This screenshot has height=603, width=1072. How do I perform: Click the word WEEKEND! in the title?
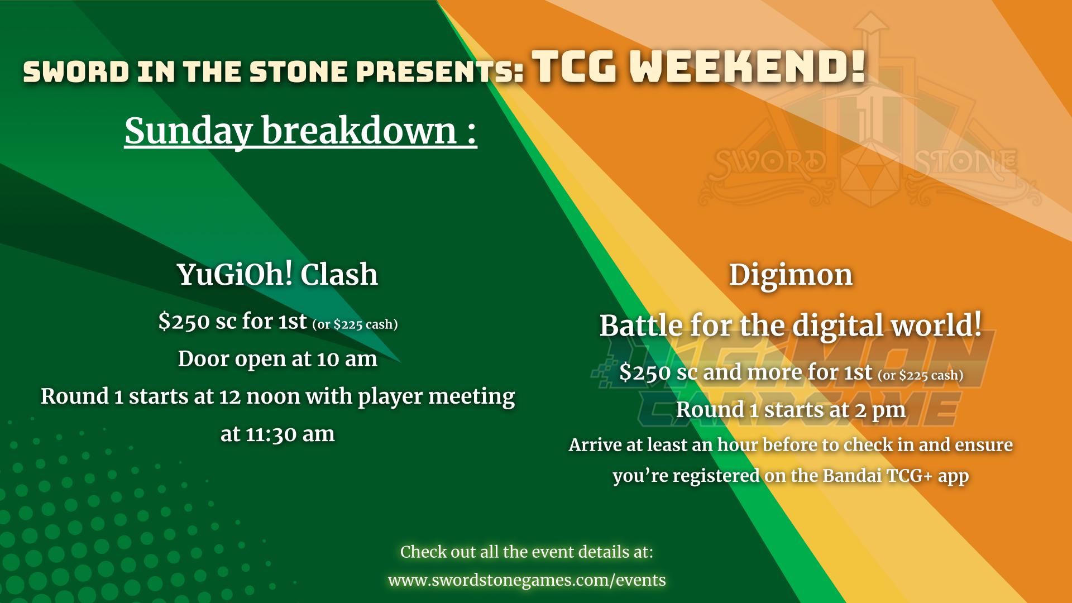point(748,67)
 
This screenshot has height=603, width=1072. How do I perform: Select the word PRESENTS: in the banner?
point(440,72)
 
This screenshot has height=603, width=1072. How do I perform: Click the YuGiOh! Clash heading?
point(277,274)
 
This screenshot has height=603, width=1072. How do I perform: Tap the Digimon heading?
point(791,275)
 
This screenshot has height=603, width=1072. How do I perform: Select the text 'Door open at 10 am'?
point(277,358)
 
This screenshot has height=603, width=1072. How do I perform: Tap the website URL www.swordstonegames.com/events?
point(527,580)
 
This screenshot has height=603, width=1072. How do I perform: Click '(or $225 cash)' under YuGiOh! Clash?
point(355,324)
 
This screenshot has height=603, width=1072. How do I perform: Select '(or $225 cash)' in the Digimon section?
point(921,375)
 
